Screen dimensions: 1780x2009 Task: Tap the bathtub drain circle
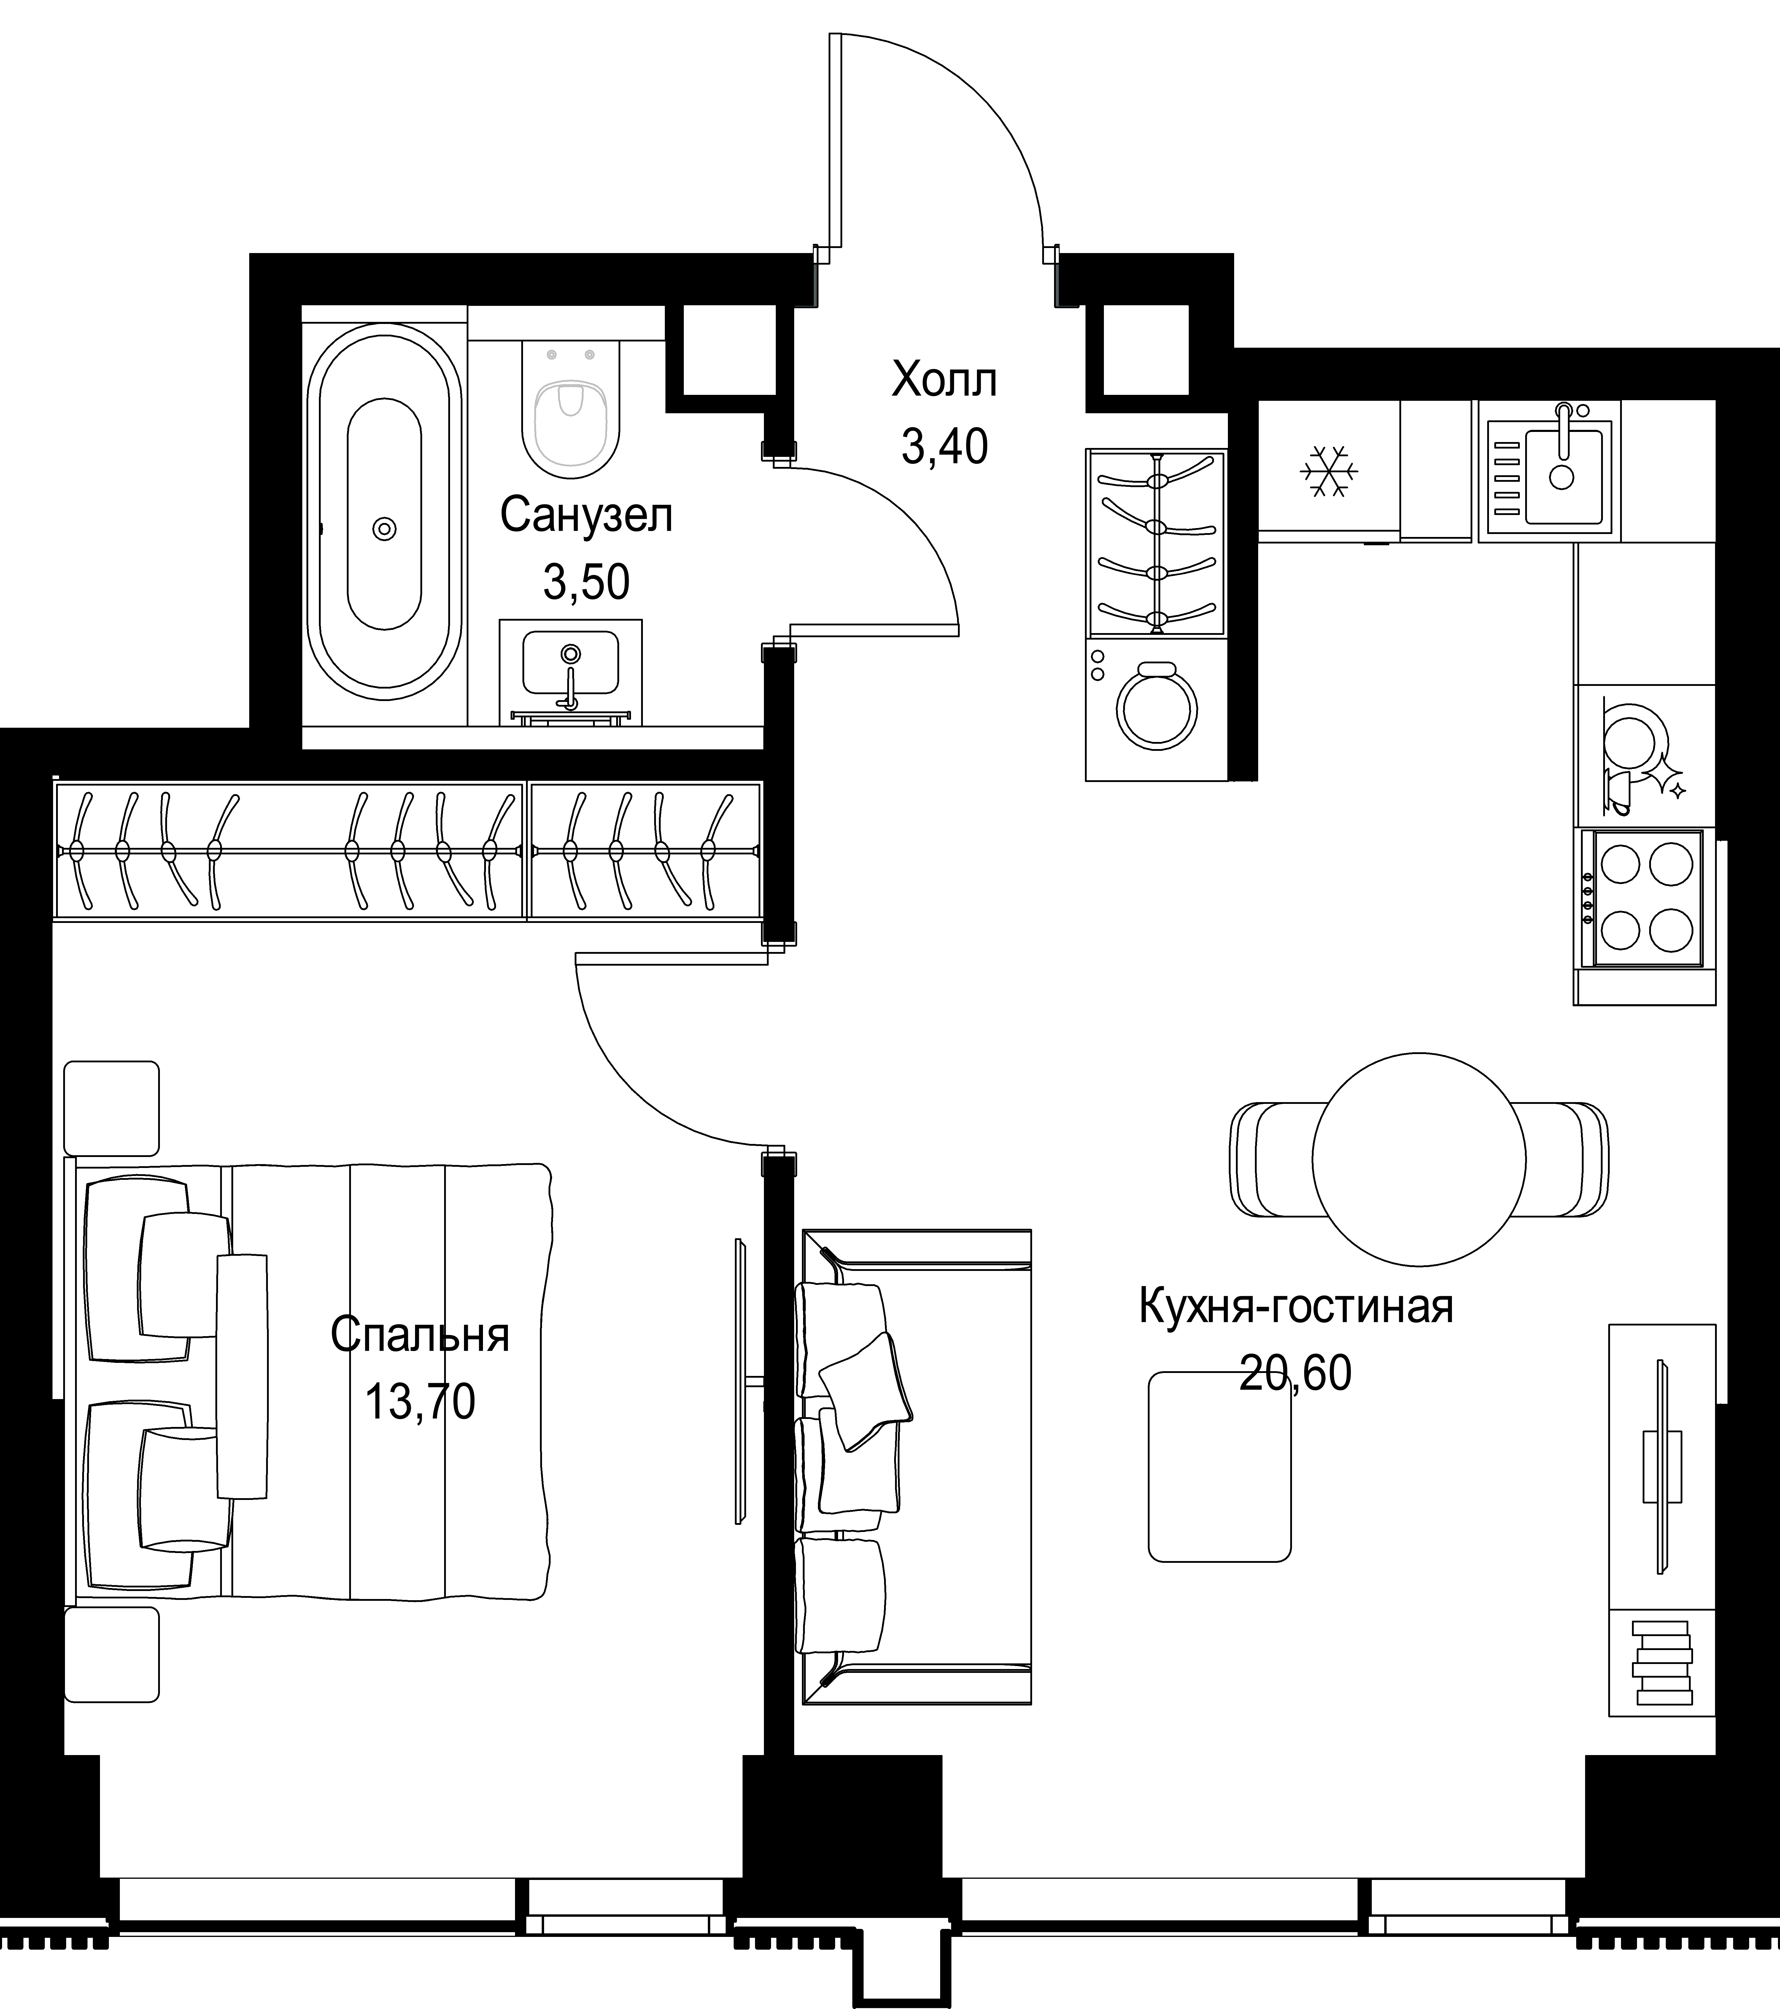coord(384,529)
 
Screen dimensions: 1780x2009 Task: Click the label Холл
coord(944,380)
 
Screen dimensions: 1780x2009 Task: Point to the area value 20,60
coord(1296,1373)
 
